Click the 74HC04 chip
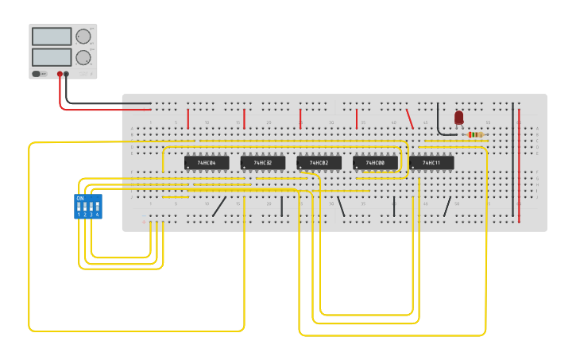tap(207, 163)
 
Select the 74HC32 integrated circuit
tap(263, 163)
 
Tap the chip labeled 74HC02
tap(319, 163)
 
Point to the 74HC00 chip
tap(375, 163)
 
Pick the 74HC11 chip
tap(431, 163)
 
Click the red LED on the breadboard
tap(458, 118)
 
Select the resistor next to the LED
tap(475, 134)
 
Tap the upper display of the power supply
tap(52, 37)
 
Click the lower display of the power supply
tap(52, 57)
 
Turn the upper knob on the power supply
tap(83, 36)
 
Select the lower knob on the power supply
tap(83, 57)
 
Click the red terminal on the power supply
tap(60, 74)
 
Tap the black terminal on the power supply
tap(66, 74)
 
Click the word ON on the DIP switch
tap(79, 198)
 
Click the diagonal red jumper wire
tap(410, 118)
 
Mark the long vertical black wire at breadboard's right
tap(512, 159)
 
